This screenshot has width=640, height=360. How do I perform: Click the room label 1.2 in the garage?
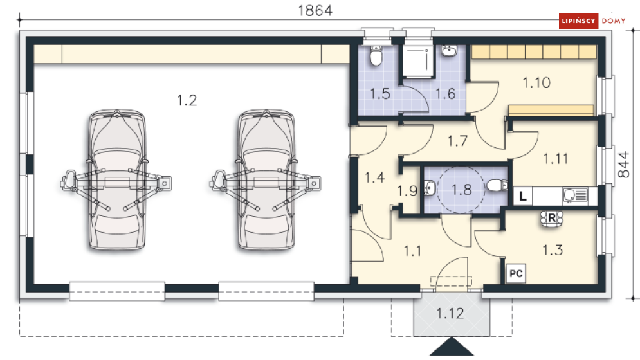187,100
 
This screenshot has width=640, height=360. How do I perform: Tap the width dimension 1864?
315,10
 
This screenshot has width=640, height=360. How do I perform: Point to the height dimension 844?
623,165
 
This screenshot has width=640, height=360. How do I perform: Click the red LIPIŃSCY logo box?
578,21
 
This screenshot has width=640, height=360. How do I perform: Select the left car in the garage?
116,179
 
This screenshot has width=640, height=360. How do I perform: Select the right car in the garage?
266,179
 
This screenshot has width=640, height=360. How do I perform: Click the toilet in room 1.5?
376,56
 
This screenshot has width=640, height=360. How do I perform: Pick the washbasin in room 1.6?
449,51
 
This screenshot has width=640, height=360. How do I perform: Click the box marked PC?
516,273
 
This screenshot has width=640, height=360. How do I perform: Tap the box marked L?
523,196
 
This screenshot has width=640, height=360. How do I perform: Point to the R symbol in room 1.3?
551,219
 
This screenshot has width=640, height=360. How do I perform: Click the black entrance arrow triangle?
452,347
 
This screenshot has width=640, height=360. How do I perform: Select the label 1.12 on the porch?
450,313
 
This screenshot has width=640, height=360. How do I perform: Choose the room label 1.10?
536,83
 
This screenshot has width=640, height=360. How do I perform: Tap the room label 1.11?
556,158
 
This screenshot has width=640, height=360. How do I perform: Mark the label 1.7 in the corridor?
457,141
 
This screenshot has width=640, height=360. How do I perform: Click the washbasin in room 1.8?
430,188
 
